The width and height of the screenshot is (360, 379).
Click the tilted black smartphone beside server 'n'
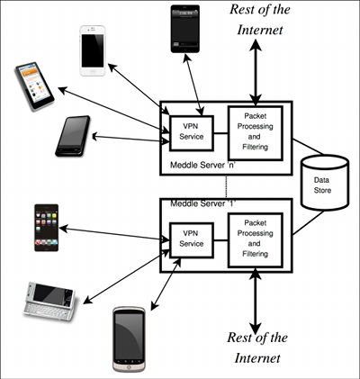[73, 136]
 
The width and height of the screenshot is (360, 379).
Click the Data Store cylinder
[321, 185]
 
